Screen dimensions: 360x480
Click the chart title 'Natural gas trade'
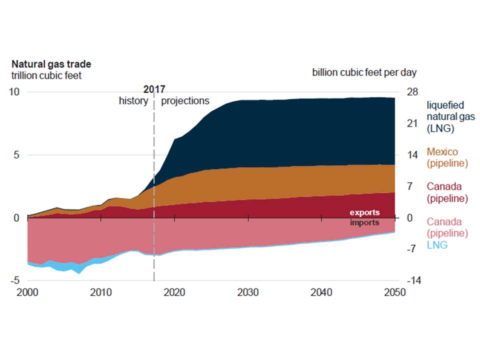click(x=51, y=64)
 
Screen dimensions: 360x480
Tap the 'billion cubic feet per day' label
click(x=364, y=72)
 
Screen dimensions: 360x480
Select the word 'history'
click(x=133, y=100)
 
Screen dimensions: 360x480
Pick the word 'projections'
click(x=185, y=100)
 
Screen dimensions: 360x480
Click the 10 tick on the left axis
click(x=15, y=92)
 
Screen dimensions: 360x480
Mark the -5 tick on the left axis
click(x=15, y=280)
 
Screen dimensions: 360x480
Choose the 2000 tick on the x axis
click(x=27, y=292)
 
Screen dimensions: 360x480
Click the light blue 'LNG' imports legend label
click(x=437, y=245)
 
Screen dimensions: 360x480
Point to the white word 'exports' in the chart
click(x=364, y=213)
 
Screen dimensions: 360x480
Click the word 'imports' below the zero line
click(x=364, y=222)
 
